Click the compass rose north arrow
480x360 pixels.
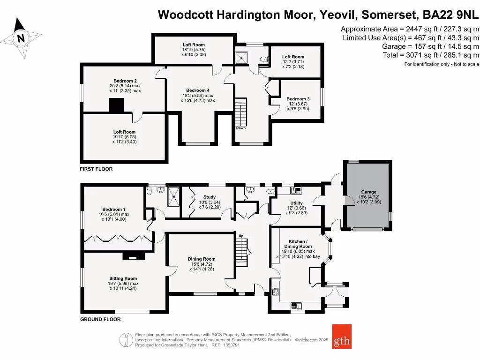coord(21,37)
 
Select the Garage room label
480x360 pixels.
coord(368,192)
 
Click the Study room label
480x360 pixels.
coord(209,197)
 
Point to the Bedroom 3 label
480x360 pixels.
coord(298,99)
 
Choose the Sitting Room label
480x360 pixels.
coord(124,278)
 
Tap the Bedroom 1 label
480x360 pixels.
coord(114,210)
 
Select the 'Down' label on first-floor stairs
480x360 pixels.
coord(240,128)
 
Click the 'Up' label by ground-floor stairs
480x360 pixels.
coord(241,236)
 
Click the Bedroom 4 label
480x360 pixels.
coord(198,90)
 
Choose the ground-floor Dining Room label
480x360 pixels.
coord(202,259)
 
